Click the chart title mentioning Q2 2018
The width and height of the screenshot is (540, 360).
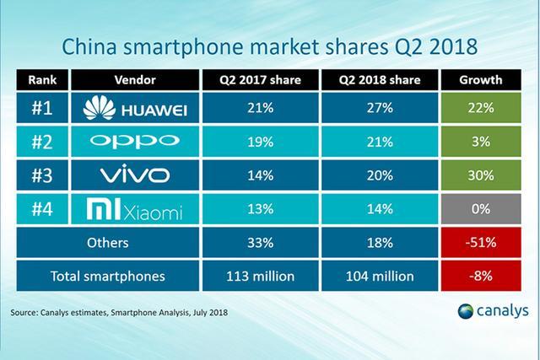point(270,44)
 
